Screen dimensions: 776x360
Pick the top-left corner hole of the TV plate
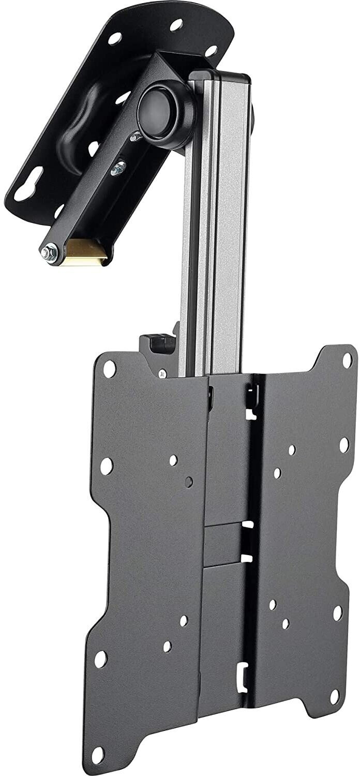coord(110,369)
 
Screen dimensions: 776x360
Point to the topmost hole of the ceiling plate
coord(176,23)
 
